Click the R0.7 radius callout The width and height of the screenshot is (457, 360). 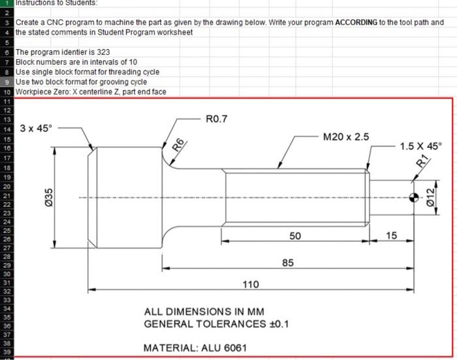click(x=215, y=119)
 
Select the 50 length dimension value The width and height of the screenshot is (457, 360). click(x=295, y=235)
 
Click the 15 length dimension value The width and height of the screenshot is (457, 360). click(x=392, y=235)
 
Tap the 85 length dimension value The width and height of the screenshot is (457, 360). click(x=287, y=262)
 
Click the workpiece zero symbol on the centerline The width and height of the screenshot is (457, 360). click(x=413, y=198)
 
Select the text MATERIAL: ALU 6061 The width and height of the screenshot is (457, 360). click(x=195, y=347)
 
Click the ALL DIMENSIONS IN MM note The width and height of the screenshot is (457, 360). click(x=204, y=312)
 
